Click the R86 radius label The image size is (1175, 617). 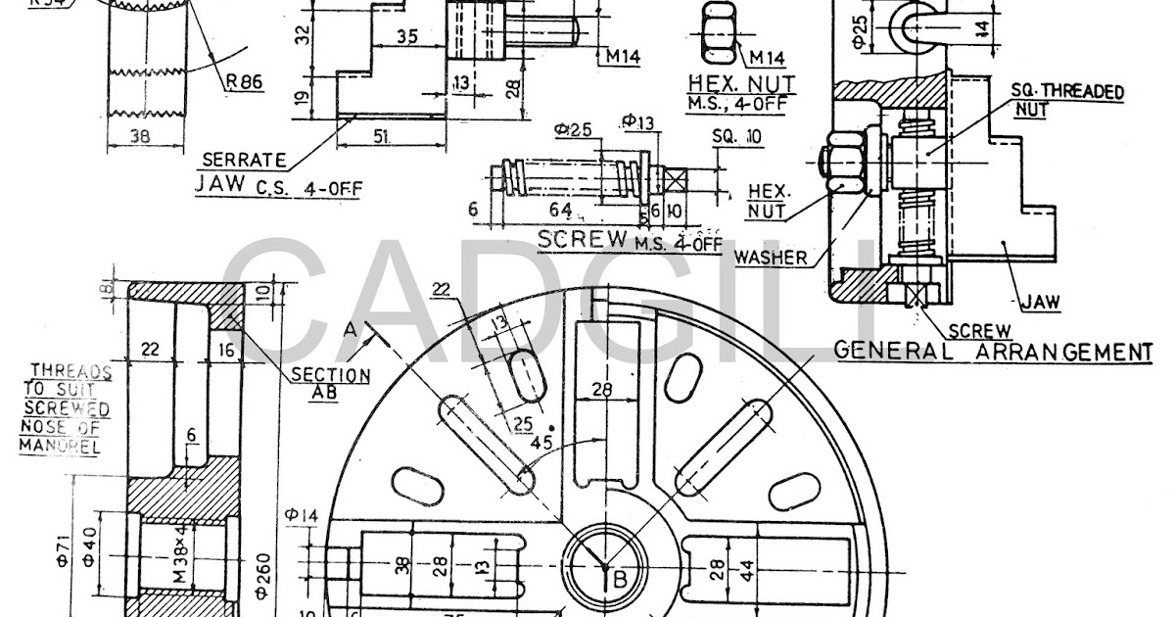click(x=245, y=82)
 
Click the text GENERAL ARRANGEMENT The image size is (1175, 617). click(x=991, y=351)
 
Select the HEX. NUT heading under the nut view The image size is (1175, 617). click(x=741, y=83)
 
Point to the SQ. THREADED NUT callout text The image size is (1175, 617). click(x=1066, y=99)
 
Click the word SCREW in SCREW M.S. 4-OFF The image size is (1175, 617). click(x=584, y=239)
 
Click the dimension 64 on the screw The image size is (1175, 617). click(x=560, y=210)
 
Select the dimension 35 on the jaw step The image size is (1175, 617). click(x=408, y=37)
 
